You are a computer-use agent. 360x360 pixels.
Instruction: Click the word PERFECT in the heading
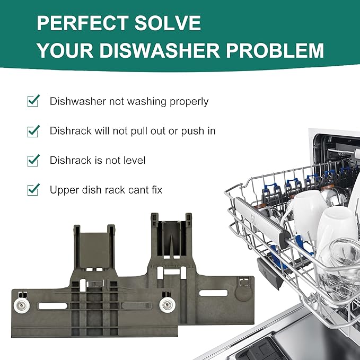pyautogui.click(x=83, y=23)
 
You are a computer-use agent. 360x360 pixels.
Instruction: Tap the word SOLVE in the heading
pyautogui.click(x=168, y=23)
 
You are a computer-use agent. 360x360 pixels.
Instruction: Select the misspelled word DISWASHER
pyautogui.click(x=160, y=50)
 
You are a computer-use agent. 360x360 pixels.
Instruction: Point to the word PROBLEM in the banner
pyautogui.click(x=275, y=50)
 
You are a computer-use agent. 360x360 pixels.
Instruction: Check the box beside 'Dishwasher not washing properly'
pyautogui.click(x=33, y=101)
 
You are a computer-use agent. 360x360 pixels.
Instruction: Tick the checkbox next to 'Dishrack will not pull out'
pyautogui.click(x=33, y=131)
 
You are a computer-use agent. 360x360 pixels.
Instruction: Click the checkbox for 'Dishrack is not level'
pyautogui.click(x=33, y=160)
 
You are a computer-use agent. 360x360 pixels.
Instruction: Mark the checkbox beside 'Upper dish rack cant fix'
pyautogui.click(x=33, y=190)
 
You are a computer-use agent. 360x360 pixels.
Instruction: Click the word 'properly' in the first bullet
pyautogui.click(x=189, y=102)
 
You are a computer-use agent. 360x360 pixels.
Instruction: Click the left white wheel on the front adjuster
pyautogui.click(x=22, y=305)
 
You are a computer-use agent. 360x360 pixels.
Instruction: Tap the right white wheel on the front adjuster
pyautogui.click(x=168, y=305)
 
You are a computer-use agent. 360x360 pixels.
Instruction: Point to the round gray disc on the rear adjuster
pyautogui.click(x=243, y=293)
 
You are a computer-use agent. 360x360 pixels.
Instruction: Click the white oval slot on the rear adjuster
pyautogui.click(x=213, y=293)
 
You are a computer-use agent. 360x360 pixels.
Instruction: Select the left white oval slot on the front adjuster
pyautogui.click(x=53, y=306)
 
